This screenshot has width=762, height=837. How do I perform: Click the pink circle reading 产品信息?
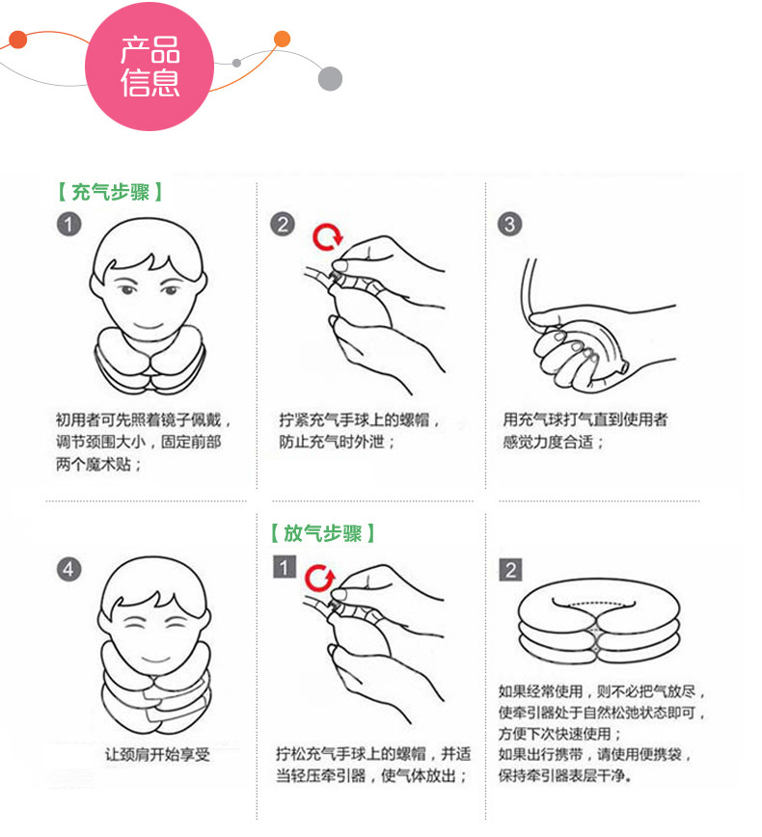pos(150,67)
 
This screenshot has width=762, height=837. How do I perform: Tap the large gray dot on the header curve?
pos(330,79)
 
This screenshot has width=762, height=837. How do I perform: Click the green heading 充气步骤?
pos(110,192)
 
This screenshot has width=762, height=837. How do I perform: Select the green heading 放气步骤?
pos(322,533)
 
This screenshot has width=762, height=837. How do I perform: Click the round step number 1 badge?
pos(68,224)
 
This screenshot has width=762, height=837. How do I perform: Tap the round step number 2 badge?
pos(283,224)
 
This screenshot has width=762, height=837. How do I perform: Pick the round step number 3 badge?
pos(510,224)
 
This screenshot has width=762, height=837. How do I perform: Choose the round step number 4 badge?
pos(68,569)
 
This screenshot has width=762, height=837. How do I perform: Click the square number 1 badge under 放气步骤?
pos(285,567)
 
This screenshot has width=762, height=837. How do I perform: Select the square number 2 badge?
pos(510,570)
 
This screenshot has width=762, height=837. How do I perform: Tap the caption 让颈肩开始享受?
pos(157,754)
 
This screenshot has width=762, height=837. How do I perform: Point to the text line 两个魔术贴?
pos(98,465)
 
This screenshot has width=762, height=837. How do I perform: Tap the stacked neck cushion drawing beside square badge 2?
pos(599,622)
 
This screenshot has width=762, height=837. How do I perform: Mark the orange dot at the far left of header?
pos(17,40)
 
